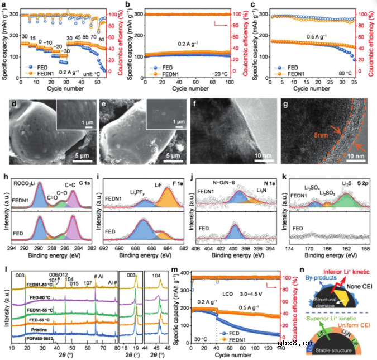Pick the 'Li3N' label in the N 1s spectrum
257,192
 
